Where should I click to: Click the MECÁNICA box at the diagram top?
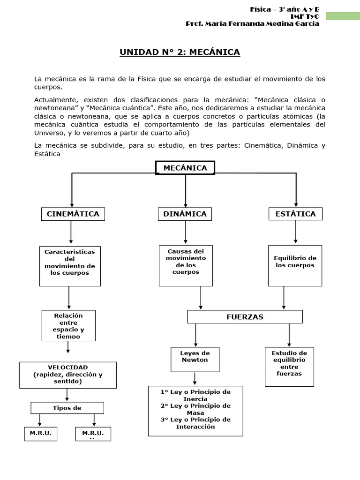185,168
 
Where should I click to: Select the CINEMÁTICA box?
73,214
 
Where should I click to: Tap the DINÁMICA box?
185,214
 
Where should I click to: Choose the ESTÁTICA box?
295,214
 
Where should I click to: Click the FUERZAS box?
245,317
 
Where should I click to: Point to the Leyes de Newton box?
195,359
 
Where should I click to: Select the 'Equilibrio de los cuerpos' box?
295,265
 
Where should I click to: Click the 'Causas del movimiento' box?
186,265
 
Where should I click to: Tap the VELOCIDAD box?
67,375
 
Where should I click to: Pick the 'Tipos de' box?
67,408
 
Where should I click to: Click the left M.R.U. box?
40,434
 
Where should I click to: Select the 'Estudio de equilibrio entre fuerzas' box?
289,367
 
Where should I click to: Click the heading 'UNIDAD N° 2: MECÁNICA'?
180,52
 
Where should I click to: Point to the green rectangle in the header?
343,16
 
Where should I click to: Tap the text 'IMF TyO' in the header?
305,16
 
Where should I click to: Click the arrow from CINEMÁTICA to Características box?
71,232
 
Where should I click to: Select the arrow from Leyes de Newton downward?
195,378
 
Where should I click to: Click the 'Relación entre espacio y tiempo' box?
68,325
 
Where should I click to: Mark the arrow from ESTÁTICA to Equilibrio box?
295,232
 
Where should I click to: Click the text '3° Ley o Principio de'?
195,420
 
